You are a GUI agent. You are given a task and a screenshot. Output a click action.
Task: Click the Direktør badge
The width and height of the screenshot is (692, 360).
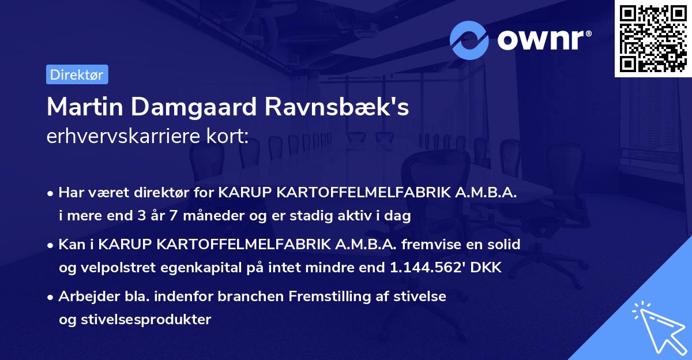77,74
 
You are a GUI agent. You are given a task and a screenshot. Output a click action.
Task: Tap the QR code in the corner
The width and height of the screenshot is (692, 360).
653,39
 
